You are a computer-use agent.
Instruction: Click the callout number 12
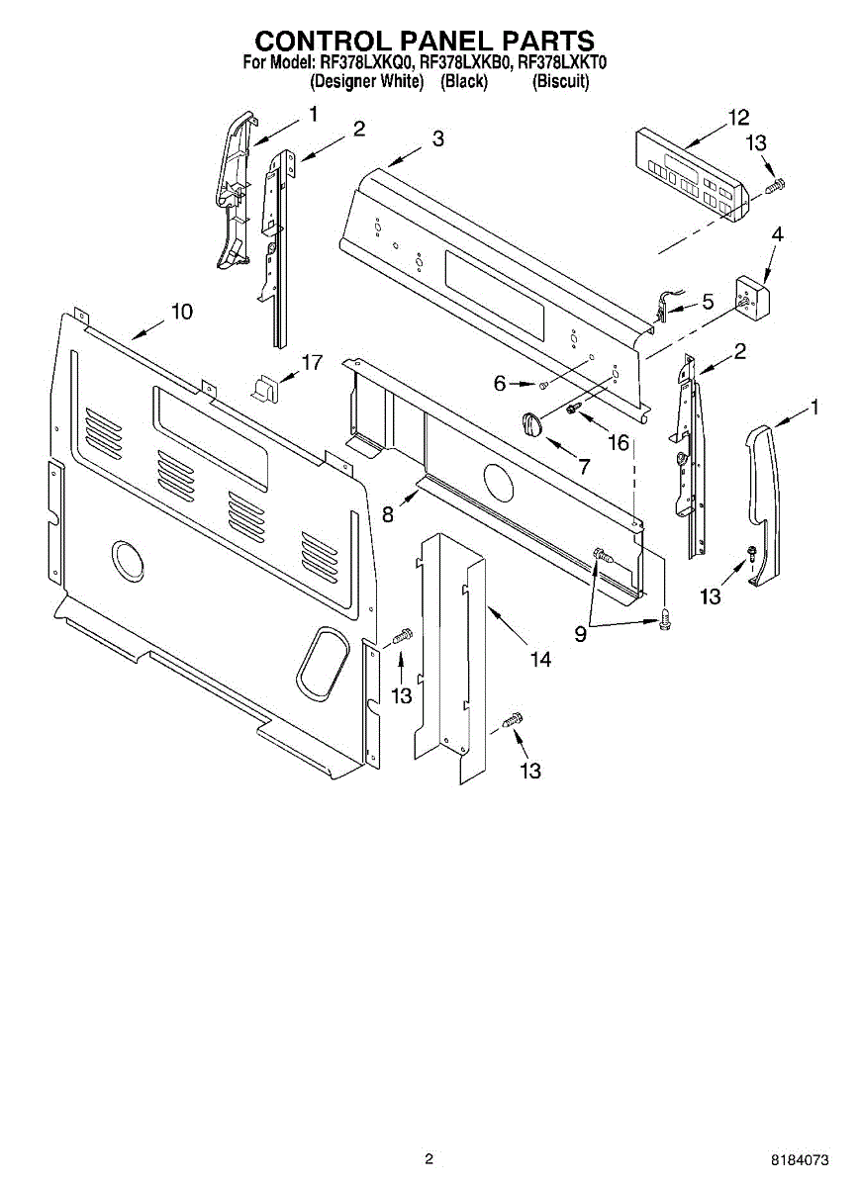pos(738,118)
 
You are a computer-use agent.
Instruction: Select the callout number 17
pos(311,363)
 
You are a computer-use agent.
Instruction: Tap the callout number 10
pos(181,312)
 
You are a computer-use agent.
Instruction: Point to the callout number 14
pos(539,659)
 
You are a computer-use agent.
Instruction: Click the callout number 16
pos(618,442)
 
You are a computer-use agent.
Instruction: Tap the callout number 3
pos(438,138)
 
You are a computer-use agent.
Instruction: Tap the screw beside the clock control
pos(776,184)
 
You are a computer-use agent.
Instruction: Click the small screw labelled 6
pos(544,384)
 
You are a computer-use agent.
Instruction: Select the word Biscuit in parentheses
pos(561,83)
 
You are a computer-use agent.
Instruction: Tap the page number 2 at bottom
pos(429,1158)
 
